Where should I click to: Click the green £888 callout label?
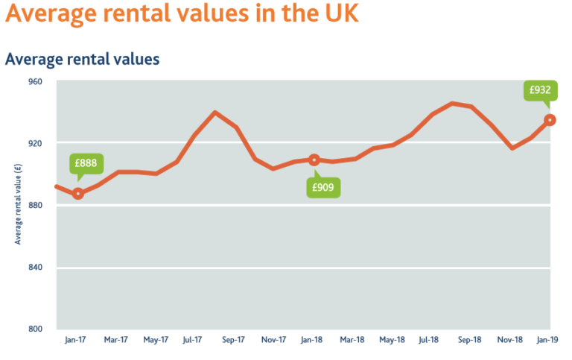click(x=86, y=163)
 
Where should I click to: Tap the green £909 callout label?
click(x=324, y=187)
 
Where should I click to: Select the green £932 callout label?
click(x=540, y=91)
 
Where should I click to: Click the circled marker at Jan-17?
click(x=78, y=194)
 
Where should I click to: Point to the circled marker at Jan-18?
click(x=314, y=160)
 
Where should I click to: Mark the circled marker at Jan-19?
click(x=550, y=120)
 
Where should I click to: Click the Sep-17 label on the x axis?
click(x=234, y=340)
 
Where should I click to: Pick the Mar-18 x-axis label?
click(x=352, y=340)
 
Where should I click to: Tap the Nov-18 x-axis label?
click(x=509, y=340)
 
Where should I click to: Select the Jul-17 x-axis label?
click(x=193, y=340)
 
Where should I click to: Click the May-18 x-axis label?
click(x=391, y=340)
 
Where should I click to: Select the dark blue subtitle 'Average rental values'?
click(x=82, y=59)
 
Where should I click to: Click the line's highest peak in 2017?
click(x=214, y=113)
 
